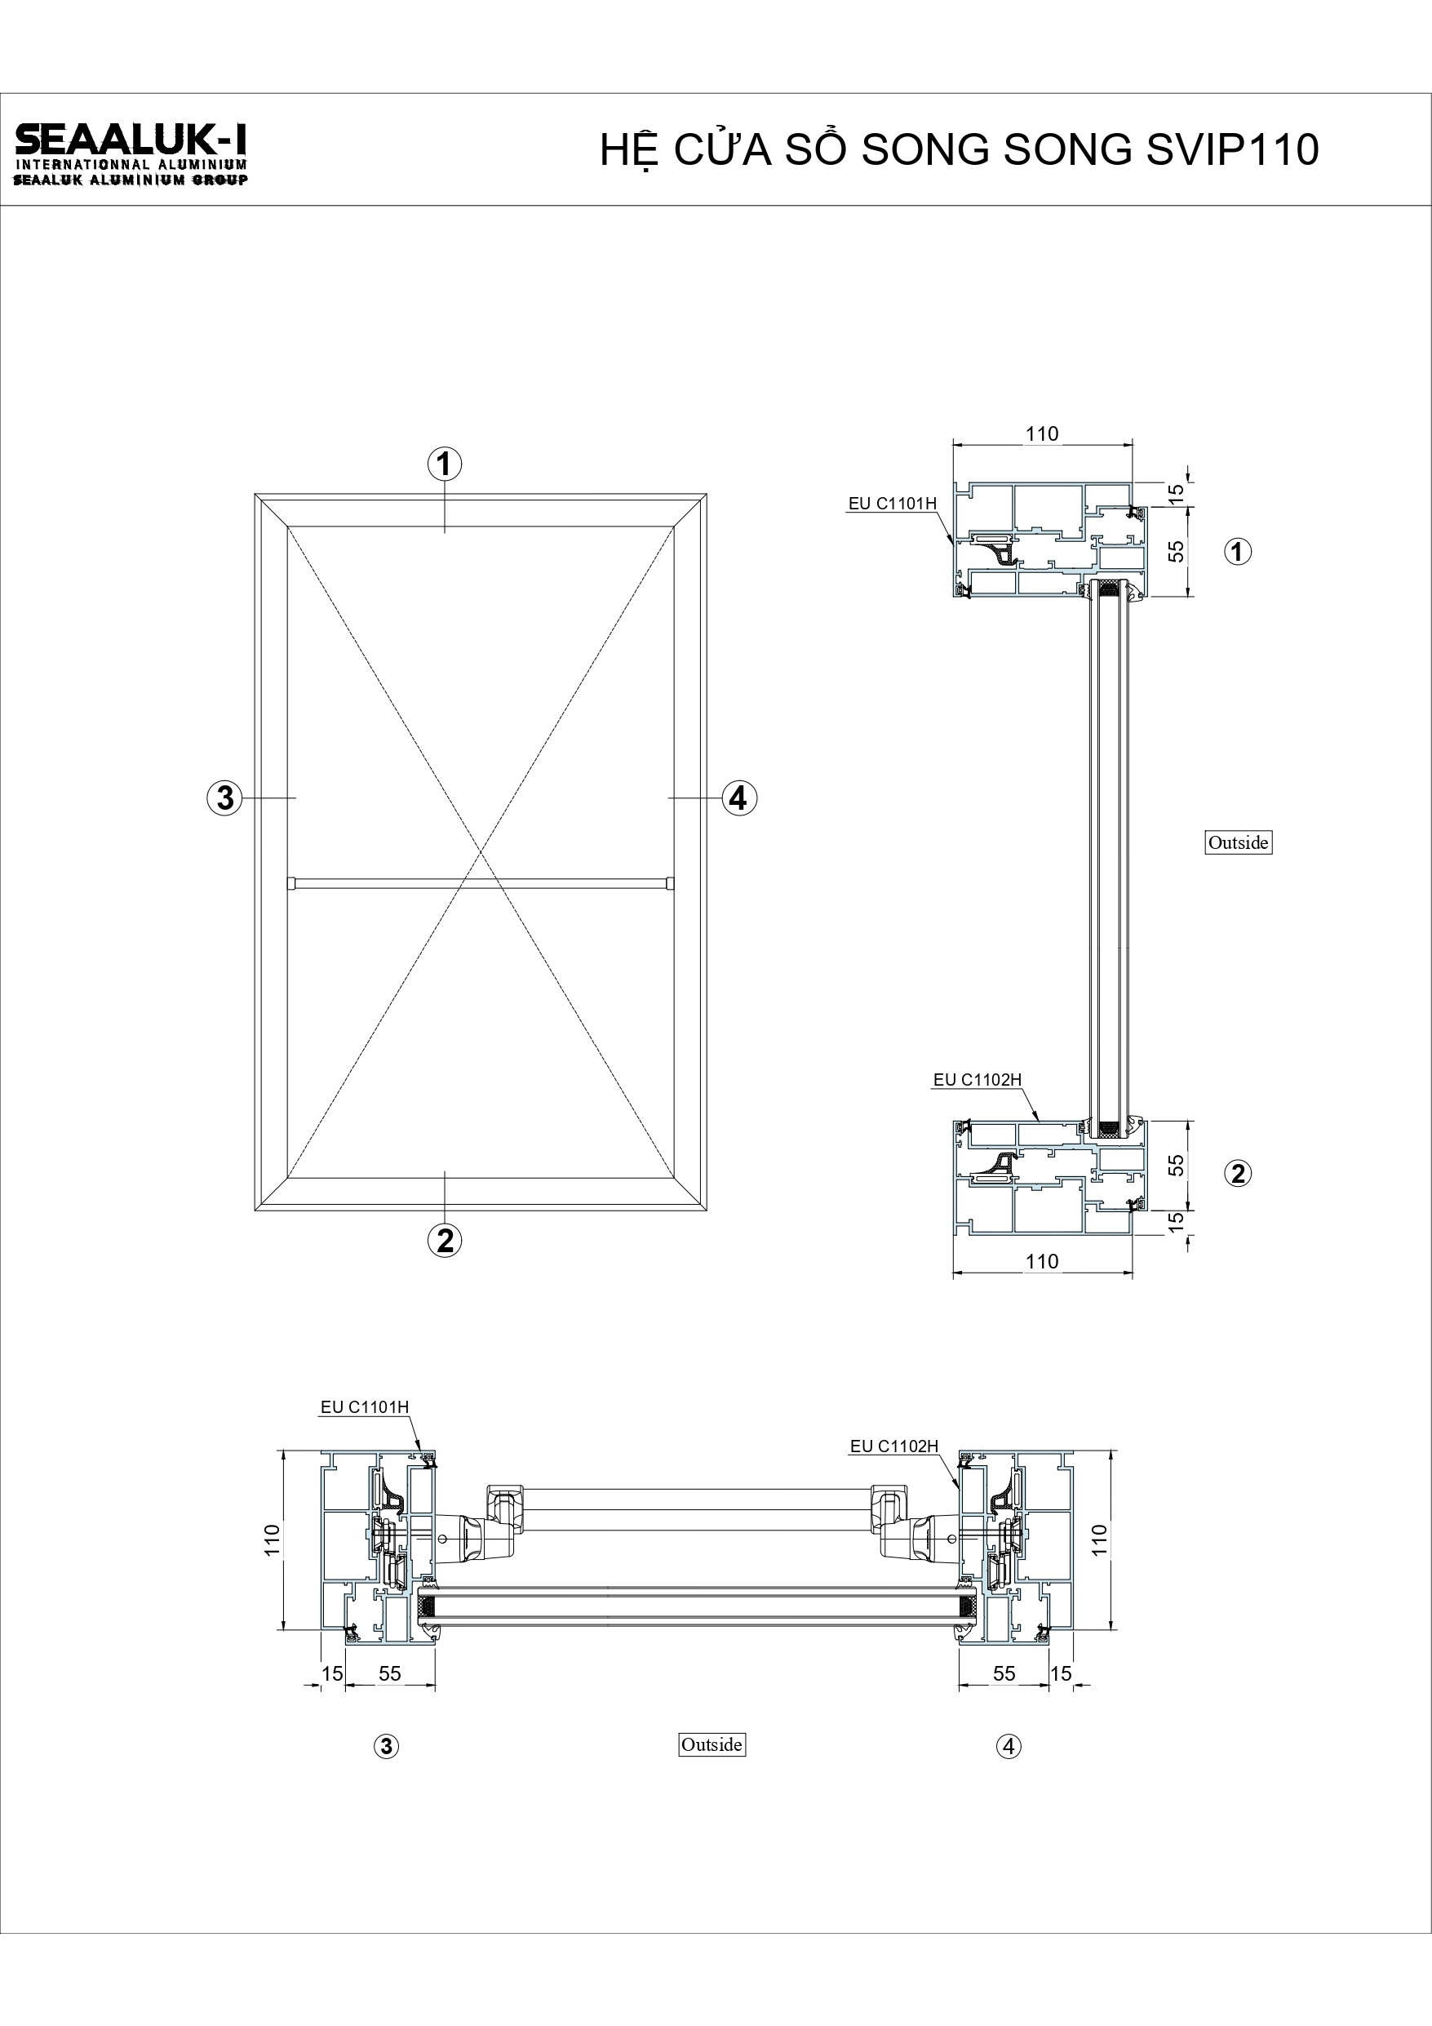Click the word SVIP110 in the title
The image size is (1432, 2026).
tap(1233, 150)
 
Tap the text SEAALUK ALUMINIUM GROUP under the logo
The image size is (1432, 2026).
tap(131, 180)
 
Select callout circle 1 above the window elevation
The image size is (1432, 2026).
tap(445, 464)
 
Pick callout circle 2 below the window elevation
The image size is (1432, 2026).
tap(445, 1241)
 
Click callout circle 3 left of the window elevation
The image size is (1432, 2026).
tap(225, 798)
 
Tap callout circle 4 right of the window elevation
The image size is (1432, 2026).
tap(738, 798)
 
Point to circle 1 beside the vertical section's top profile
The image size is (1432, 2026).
tap(1238, 552)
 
